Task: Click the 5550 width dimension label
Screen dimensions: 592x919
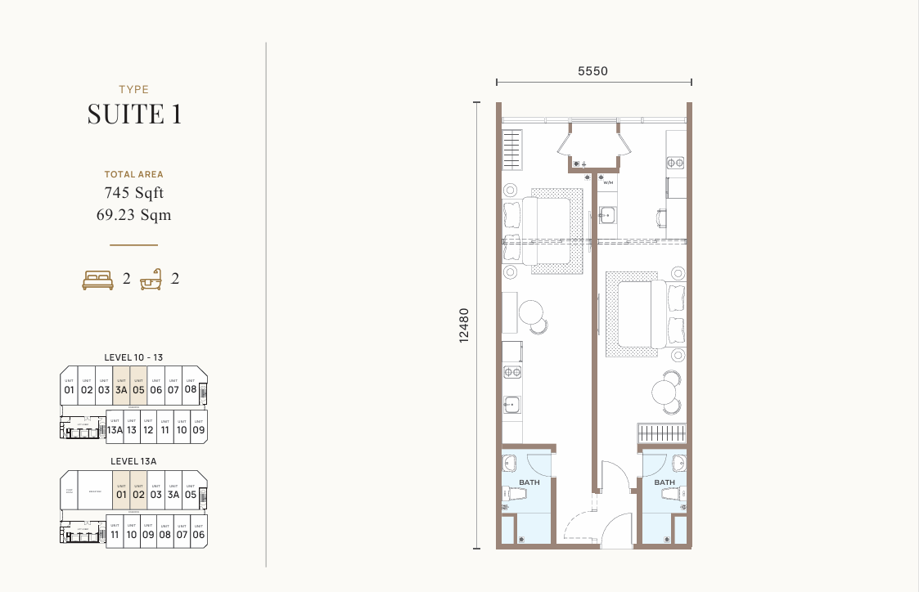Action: (592, 71)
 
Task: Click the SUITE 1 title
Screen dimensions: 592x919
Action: (134, 114)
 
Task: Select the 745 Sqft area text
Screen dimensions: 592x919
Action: (134, 194)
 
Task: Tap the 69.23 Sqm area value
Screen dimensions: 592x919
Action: (134, 216)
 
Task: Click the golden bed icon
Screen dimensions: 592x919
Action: (97, 280)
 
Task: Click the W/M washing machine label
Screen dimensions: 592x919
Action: (608, 183)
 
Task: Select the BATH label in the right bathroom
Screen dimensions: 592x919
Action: (664, 482)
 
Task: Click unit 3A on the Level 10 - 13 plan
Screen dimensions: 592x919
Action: (121, 388)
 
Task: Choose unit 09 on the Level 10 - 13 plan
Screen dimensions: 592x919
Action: (198, 429)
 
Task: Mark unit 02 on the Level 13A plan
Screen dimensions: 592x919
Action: (138, 493)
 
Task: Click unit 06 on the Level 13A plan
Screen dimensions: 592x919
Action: (198, 535)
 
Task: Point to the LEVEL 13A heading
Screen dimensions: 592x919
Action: (134, 461)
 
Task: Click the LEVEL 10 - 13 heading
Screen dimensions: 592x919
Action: (134, 357)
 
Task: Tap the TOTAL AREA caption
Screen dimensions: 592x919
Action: (134, 174)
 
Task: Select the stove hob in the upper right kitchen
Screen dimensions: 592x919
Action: (675, 163)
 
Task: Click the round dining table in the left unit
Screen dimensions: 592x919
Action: (531, 312)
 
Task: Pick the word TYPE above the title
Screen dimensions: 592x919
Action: (134, 90)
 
